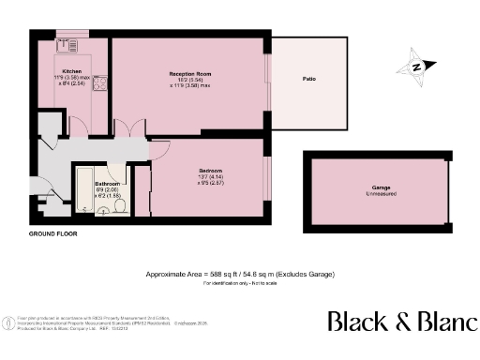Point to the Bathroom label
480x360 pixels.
(x=92, y=184)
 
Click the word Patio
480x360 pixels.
(x=308, y=79)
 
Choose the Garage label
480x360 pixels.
(x=379, y=188)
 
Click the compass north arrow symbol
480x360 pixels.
(x=414, y=67)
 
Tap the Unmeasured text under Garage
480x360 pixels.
(x=379, y=195)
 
